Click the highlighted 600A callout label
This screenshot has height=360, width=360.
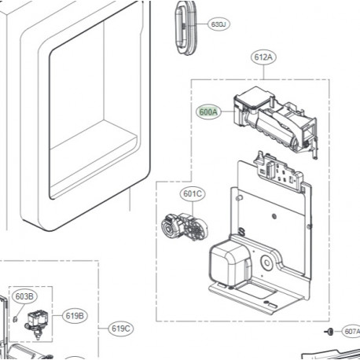click(x=209, y=112)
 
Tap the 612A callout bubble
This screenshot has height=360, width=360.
click(x=264, y=57)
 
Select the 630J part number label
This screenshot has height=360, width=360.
click(x=219, y=25)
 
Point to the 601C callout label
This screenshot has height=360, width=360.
click(x=193, y=193)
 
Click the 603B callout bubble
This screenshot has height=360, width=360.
click(x=24, y=296)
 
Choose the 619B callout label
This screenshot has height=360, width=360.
click(x=74, y=315)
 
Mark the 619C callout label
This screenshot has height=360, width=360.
click(x=121, y=329)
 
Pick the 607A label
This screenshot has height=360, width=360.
click(x=351, y=331)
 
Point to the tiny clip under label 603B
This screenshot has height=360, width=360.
click(x=17, y=319)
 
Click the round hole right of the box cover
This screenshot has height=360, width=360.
click(x=270, y=258)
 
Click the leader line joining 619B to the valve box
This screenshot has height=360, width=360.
click(x=57, y=316)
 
